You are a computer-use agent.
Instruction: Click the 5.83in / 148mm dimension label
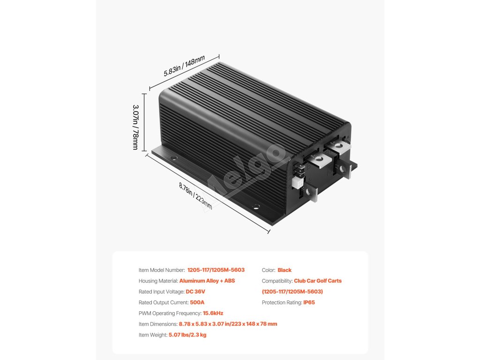coord(184,66)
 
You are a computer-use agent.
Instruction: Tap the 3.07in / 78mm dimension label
coord(135,127)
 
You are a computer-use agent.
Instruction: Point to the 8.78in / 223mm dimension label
coord(195,196)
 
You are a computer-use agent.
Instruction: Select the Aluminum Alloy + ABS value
coord(207,281)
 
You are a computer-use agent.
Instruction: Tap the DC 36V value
coord(195,292)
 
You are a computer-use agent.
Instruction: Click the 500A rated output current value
coord(197,302)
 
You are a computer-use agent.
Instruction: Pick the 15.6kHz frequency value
coord(213,313)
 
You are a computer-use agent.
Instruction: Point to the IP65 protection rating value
coord(309,302)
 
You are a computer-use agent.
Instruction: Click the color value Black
coord(285,270)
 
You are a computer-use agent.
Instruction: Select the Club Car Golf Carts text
coord(318,281)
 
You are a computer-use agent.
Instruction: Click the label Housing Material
coord(158,281)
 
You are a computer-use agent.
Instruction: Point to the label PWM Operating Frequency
coord(170,313)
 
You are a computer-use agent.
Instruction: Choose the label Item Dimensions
coord(158,324)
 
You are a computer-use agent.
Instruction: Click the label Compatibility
coord(277,281)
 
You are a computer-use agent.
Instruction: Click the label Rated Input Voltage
coord(161,292)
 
